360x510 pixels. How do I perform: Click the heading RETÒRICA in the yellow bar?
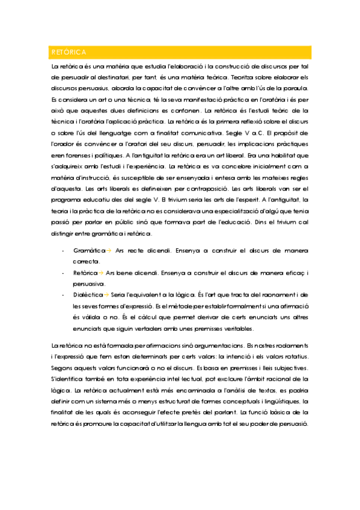click(69, 52)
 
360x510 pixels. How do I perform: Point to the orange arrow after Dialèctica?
click(107, 295)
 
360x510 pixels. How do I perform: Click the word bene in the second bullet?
click(127, 272)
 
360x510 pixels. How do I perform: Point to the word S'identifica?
click(67, 379)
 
